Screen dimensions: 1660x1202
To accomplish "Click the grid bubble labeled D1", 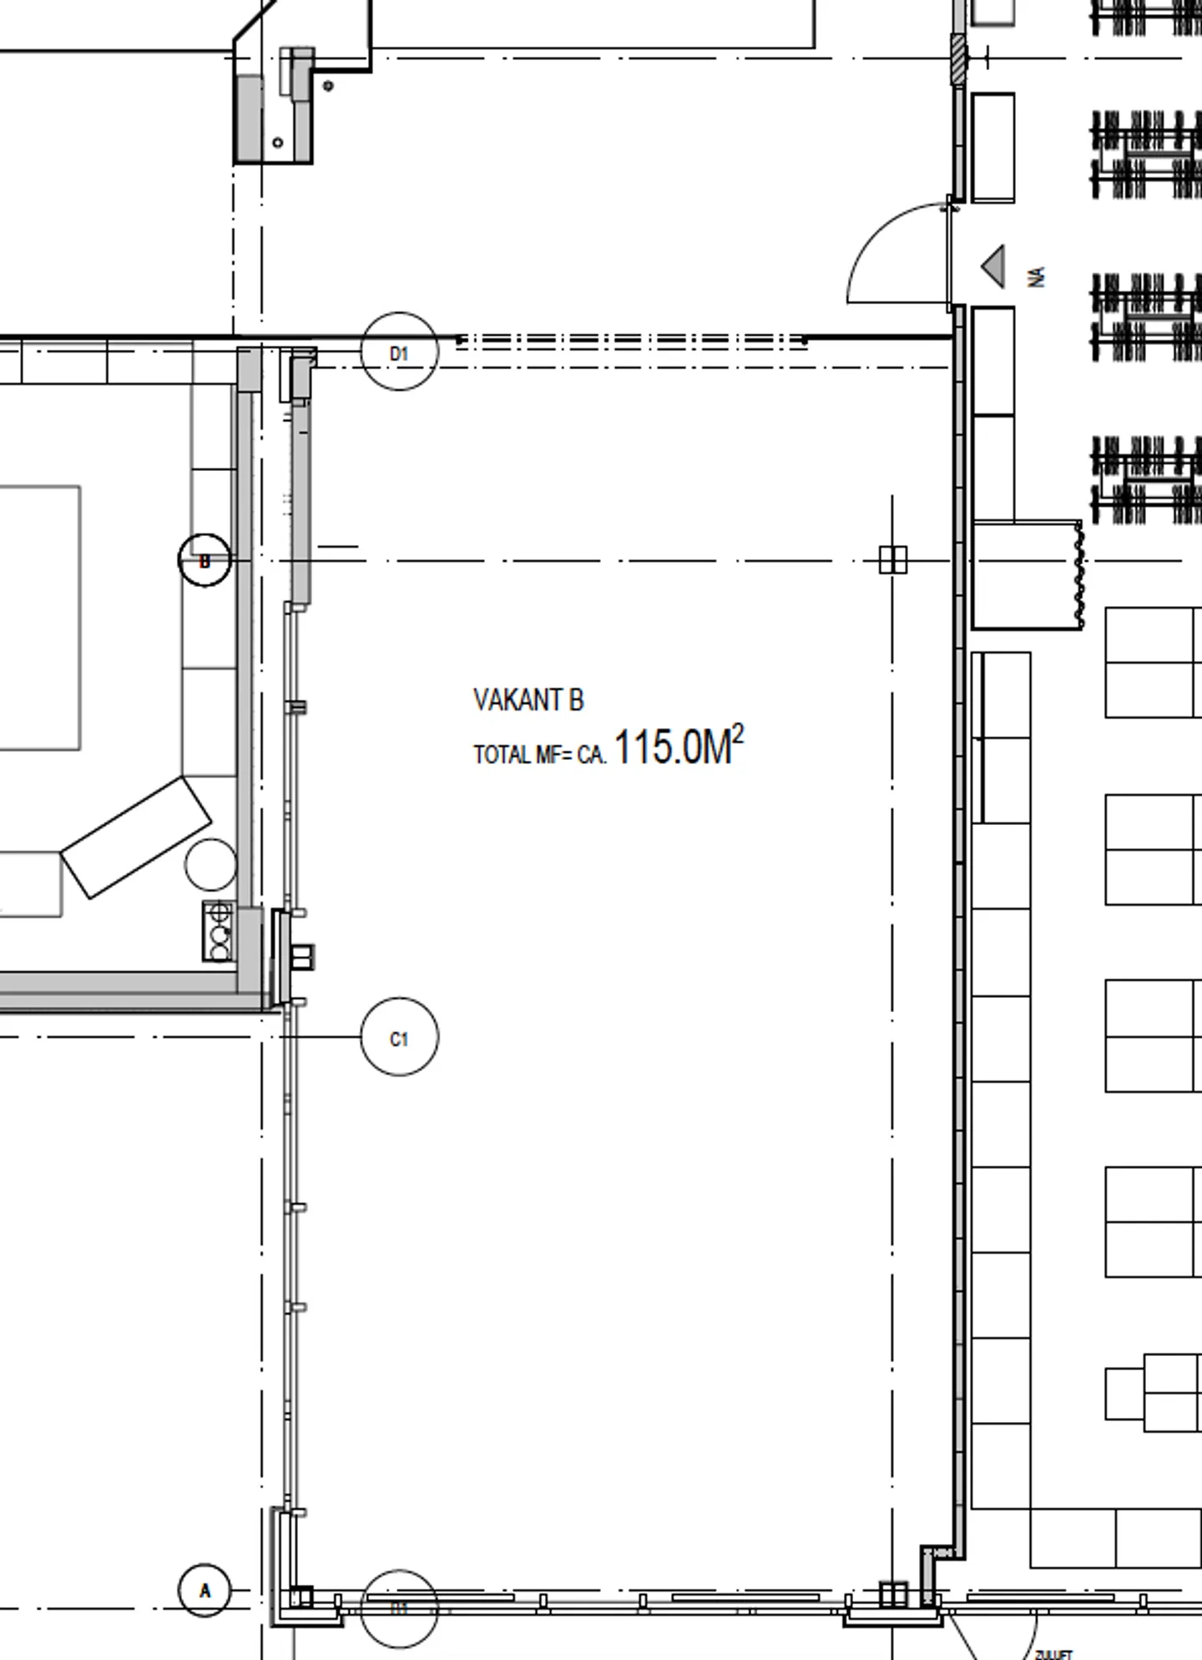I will pos(399,352).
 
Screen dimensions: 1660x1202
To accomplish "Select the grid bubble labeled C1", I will pos(399,1036).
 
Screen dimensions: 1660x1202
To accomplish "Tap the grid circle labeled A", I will pos(205,1590).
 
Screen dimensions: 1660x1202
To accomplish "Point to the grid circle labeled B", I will pos(205,560).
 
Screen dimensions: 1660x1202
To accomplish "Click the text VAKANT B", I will pos(528,700).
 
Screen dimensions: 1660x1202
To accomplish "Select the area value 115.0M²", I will pos(678,746).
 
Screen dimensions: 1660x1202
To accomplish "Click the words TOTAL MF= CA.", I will pos(539,755).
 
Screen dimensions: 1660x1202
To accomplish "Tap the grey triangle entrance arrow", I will pos(994,266).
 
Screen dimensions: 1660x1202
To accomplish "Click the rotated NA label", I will pos(1038,276).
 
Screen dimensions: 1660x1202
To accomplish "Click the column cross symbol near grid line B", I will pos(892,559).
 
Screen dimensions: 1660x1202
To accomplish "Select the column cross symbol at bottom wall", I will pos(892,1594).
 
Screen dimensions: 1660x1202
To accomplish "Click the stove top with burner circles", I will pos(219,931).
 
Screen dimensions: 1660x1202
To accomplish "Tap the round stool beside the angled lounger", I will pos(210,864).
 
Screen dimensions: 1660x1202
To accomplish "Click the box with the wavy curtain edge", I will pos(1026,574).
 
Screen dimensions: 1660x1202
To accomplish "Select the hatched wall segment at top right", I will pos(958,58).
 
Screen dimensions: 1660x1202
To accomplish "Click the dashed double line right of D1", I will pos(630,342).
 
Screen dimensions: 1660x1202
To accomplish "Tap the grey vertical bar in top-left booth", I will pos(249,117).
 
